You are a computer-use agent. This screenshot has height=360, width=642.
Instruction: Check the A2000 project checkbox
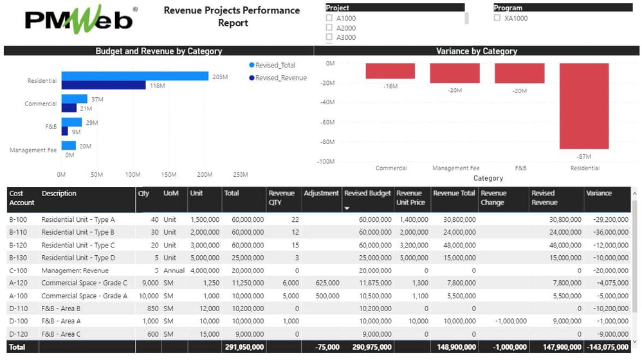tap(330, 28)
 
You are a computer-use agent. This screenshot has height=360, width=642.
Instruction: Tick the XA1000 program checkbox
tap(497, 19)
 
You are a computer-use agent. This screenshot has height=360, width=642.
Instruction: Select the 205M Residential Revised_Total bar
tap(134, 76)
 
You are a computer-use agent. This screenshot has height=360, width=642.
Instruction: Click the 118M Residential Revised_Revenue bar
tap(104, 85)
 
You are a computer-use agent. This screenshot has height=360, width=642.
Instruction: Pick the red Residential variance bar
tap(583, 106)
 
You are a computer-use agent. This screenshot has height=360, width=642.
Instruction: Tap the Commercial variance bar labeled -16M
tap(390, 71)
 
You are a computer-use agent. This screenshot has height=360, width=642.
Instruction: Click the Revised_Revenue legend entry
tap(280, 78)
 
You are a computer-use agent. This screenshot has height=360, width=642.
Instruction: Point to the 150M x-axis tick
tap(169, 174)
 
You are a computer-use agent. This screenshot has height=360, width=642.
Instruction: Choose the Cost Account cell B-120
tap(18, 245)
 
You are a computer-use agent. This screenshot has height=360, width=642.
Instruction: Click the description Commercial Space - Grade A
tap(84, 296)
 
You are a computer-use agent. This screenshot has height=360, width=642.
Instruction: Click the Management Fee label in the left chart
tap(33, 150)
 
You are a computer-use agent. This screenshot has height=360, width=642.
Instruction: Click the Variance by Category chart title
tap(477, 51)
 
